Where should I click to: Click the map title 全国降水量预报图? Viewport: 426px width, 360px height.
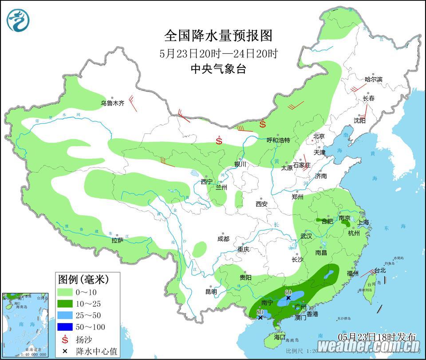tap(218, 35)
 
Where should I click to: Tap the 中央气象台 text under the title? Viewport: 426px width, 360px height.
tap(218, 69)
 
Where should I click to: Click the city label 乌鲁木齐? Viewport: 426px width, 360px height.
tap(112, 103)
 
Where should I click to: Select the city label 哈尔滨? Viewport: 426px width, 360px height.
tap(373, 79)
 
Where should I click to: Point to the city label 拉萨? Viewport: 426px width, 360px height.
tap(117, 240)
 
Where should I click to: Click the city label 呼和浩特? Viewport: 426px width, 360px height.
tap(278, 140)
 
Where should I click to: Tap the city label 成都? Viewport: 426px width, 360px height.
tap(223, 239)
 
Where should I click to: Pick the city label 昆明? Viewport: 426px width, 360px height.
tap(211, 292)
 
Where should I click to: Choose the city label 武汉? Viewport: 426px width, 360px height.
tap(306, 236)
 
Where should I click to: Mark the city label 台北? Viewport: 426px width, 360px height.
tap(380, 270)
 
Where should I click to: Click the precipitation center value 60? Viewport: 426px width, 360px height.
tap(288, 292)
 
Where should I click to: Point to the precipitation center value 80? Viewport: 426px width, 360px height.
tap(260, 312)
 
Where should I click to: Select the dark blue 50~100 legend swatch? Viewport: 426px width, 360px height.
tap(66, 328)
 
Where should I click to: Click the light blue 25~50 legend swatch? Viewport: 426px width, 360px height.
tap(66, 316)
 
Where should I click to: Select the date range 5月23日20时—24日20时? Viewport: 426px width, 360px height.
tap(218, 54)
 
